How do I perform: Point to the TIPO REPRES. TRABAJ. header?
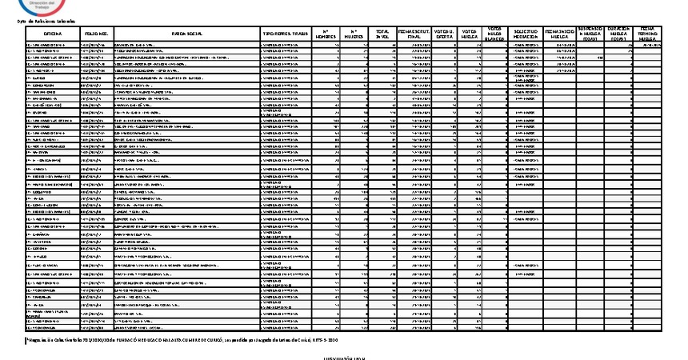click(287, 34)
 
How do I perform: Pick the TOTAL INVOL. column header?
click(382, 34)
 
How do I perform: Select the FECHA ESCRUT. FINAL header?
click(415, 34)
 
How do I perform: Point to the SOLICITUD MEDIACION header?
click(525, 34)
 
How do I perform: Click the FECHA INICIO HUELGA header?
click(559, 34)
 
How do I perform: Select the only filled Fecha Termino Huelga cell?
click(649, 46)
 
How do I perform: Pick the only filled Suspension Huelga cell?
click(599, 58)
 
